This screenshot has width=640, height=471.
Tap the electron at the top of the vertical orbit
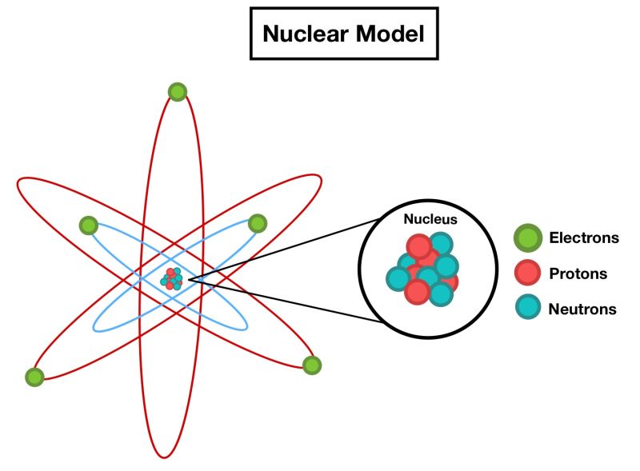click(x=178, y=92)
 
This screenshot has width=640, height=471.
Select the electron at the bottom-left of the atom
click(x=34, y=376)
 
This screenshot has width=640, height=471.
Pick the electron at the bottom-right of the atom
click(x=312, y=365)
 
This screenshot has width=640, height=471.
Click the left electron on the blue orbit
click(x=89, y=226)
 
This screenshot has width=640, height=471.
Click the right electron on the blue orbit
click(x=257, y=223)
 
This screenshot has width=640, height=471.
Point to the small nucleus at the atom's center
click(x=171, y=279)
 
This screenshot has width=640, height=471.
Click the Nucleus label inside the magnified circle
click(x=430, y=218)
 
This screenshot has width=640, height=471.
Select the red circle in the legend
click(x=527, y=273)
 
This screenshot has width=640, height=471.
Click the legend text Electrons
click(x=584, y=238)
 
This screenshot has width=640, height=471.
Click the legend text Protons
click(x=578, y=274)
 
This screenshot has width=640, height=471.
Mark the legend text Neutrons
click(x=582, y=309)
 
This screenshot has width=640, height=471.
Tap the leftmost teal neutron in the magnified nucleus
click(x=398, y=278)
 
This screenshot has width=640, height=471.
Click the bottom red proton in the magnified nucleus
click(x=417, y=292)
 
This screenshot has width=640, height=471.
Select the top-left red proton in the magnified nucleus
click(x=418, y=246)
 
